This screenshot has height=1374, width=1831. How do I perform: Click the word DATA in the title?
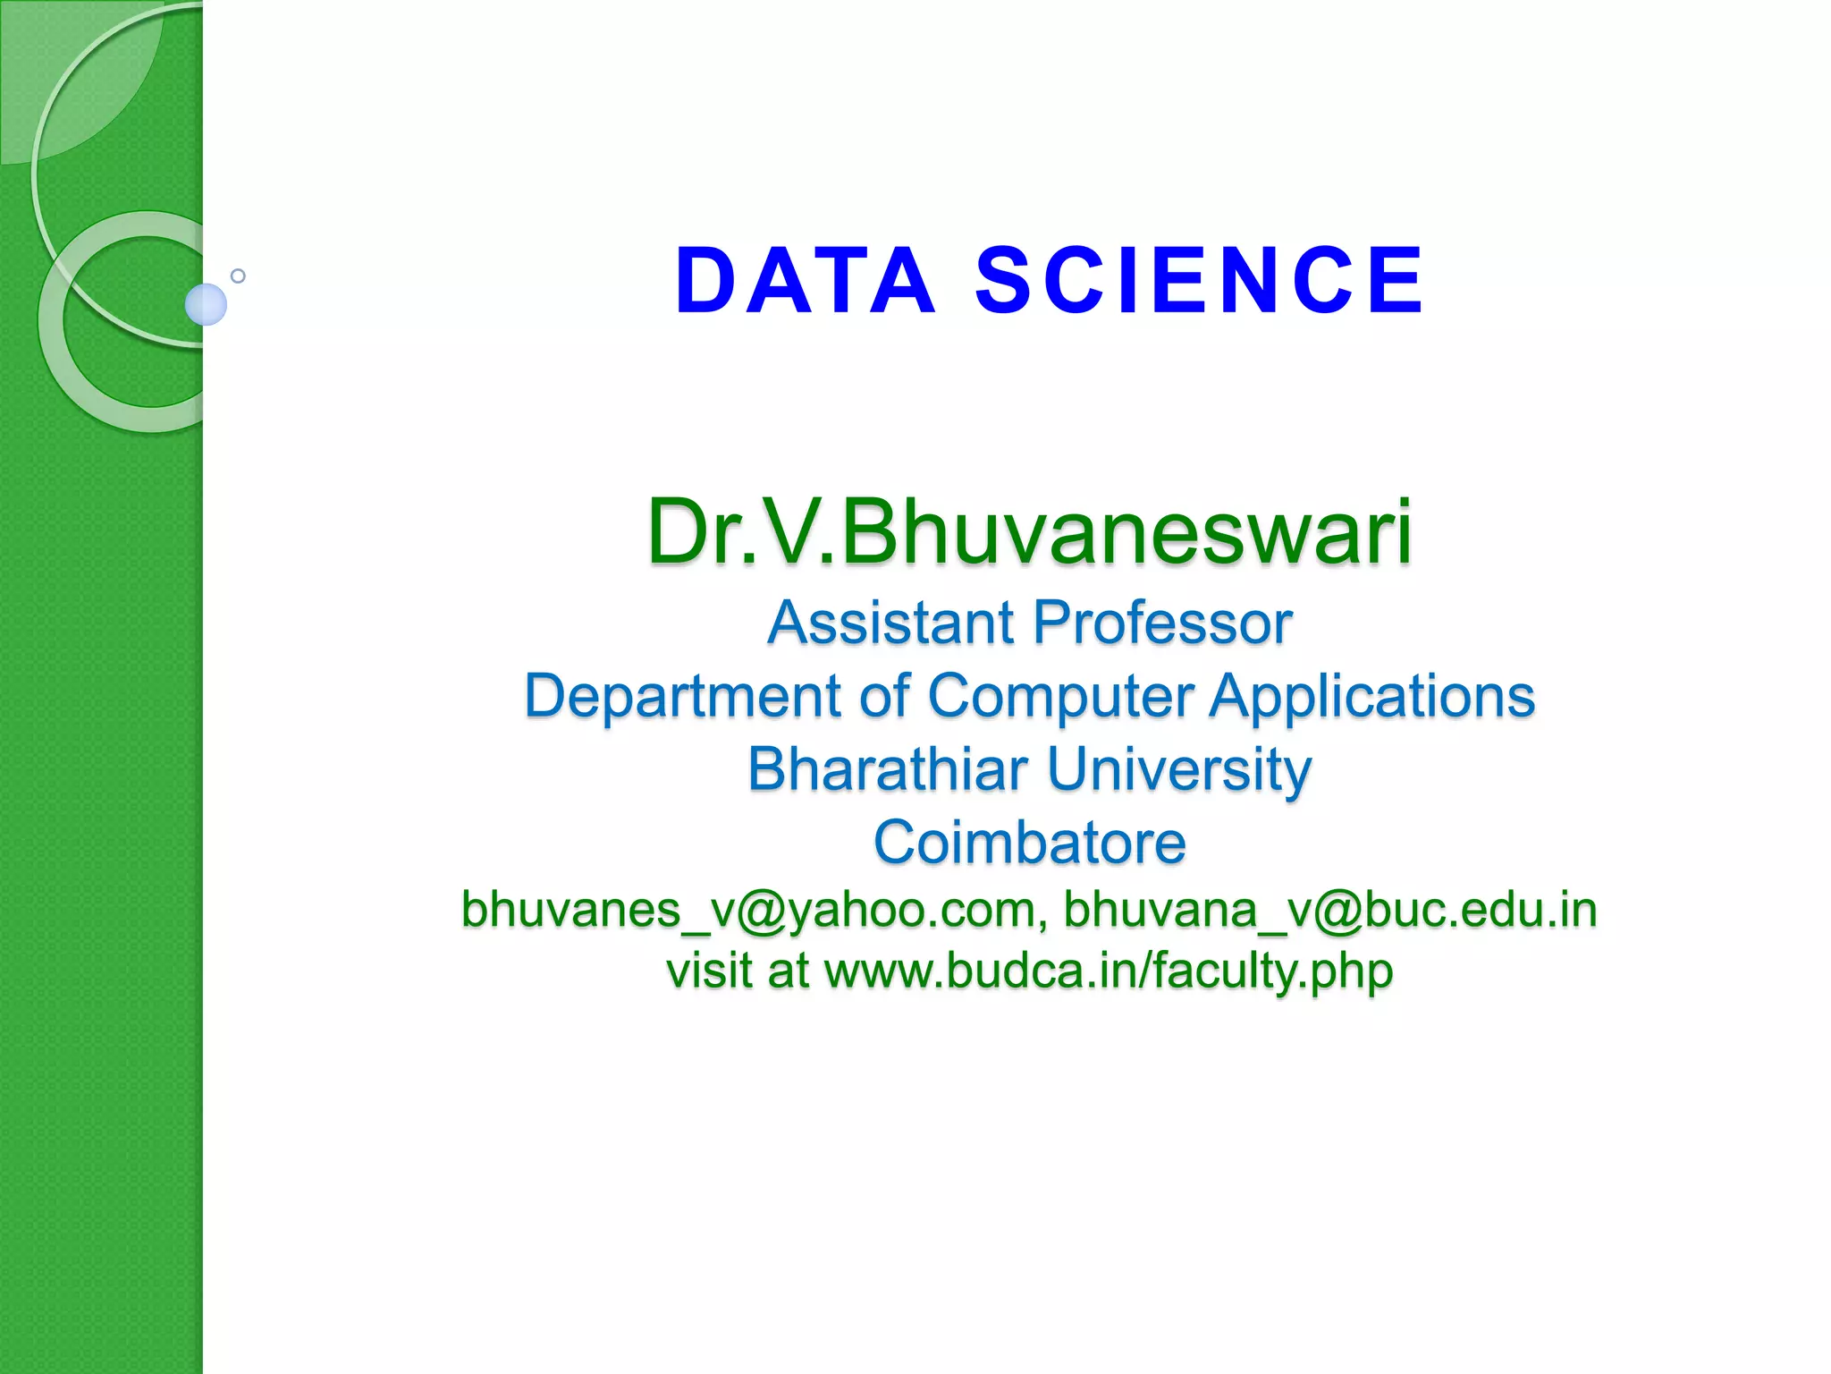coord(806,282)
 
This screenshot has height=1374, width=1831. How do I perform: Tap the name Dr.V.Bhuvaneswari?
coord(1029,533)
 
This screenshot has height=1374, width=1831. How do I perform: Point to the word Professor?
coord(1163,623)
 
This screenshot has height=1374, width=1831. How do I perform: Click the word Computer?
coord(1060,697)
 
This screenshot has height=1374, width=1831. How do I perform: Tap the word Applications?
coord(1371,697)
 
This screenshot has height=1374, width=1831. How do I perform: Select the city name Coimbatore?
coord(1029,843)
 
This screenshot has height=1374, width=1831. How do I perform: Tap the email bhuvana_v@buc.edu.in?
coord(1329,911)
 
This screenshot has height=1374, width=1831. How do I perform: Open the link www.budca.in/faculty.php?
coord(1108,971)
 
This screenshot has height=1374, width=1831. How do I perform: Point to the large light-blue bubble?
coord(206,304)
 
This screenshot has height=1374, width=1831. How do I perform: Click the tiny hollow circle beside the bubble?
coord(238,276)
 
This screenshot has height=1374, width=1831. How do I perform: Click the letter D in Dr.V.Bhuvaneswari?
coord(680,533)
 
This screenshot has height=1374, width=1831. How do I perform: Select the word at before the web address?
coord(788,971)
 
